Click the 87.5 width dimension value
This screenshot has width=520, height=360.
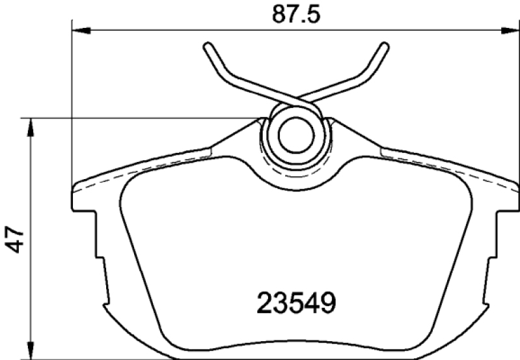coord(296,14)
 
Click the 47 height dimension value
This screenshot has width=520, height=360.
coord(15,240)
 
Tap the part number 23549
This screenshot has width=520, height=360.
coord(296,303)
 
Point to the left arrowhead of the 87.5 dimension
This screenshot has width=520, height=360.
coord(81,31)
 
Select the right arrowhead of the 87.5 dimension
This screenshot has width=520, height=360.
coord(510,31)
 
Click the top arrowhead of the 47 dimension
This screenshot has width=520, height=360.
coord(31,128)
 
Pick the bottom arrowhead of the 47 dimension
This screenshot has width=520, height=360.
coord(31,350)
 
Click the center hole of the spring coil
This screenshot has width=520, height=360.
coord(296,135)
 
